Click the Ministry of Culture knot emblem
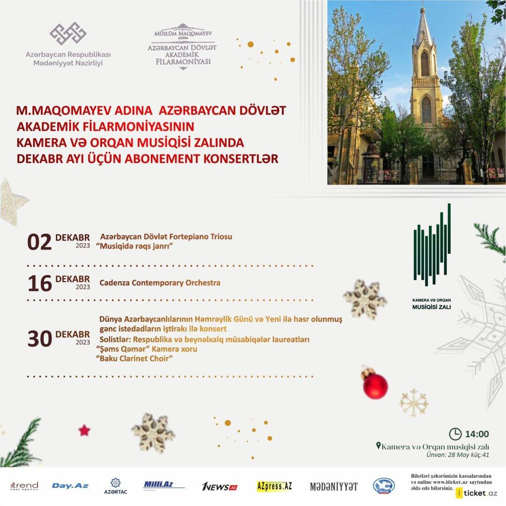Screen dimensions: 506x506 pos(68,34)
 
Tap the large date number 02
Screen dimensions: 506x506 pos(39,242)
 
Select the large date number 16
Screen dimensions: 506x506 pos(39,283)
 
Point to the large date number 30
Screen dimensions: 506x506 pos(39,339)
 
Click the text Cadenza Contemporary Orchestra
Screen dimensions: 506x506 pos(160,283)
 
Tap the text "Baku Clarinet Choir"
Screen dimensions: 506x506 pos(134,358)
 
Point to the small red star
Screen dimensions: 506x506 pos(84,430)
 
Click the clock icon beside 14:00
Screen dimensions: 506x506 pos(454,434)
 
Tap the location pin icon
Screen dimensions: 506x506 pos(379,446)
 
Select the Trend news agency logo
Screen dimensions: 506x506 pos(24,486)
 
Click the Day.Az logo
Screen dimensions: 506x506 pos(70,486)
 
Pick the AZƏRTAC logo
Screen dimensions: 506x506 pos(116,486)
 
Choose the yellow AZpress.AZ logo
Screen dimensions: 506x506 pos(274,486)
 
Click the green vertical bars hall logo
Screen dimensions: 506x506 pos(432,246)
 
